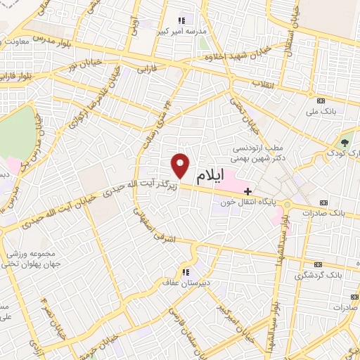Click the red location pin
(181, 166)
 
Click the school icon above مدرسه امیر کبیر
(183, 19)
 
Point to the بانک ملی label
(323, 110)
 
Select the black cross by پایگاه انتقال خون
(247, 191)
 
